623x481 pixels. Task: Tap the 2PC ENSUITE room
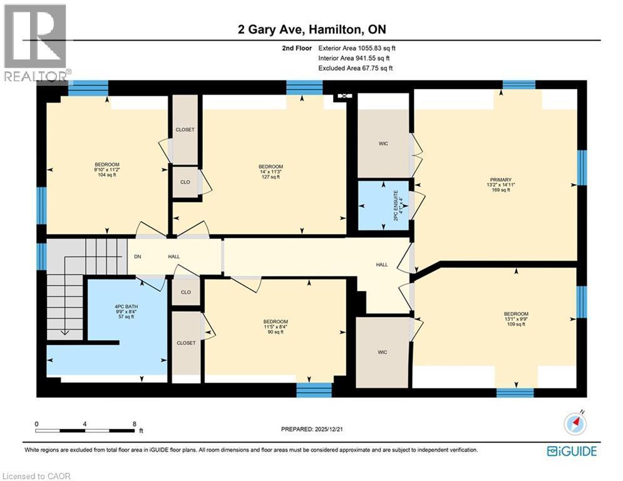(383, 204)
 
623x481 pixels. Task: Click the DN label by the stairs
(138, 257)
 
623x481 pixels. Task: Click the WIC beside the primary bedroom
(383, 143)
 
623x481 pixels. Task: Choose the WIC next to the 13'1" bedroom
(382, 352)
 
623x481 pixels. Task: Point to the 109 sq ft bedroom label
(516, 319)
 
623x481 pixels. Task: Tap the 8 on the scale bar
(134, 424)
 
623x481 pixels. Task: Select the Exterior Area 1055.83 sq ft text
(357, 48)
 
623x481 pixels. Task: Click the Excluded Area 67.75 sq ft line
(356, 68)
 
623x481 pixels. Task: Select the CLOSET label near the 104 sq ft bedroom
(185, 130)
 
